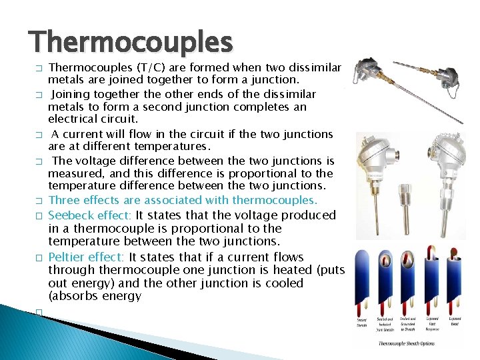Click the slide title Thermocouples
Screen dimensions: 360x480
pyautogui.click(x=131, y=43)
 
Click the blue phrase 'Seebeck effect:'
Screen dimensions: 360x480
pyautogui.click(x=90, y=215)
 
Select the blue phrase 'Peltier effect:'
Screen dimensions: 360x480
pyautogui.click(x=87, y=257)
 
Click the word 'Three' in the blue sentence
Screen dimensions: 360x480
pyautogui.click(x=65, y=200)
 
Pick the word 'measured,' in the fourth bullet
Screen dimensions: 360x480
pyautogui.click(x=74, y=173)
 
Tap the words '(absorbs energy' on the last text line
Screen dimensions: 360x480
pyautogui.click(x=95, y=296)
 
